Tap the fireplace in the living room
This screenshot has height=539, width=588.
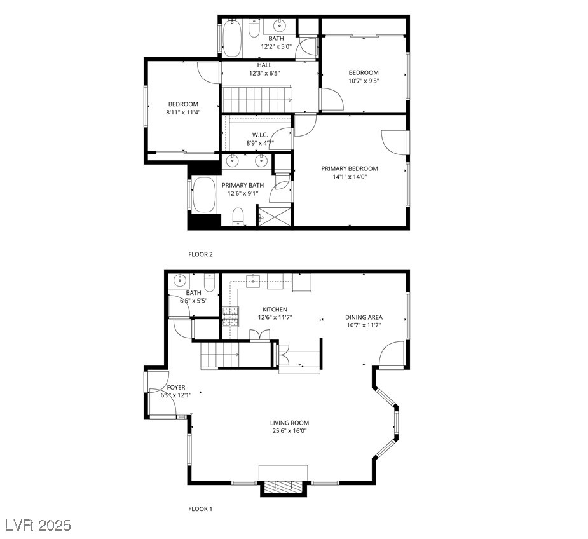coord(283,487)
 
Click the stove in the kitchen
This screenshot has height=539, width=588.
coord(229,316)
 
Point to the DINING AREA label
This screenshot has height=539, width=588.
coord(364,317)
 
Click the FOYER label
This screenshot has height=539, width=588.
coord(176,387)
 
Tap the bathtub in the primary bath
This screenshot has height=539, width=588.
coord(204,194)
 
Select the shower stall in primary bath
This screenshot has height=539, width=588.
coord(275,215)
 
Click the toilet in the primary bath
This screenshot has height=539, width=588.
coord(238,216)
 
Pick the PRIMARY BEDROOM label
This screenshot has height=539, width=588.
coord(349,168)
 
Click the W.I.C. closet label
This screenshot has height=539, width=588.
coord(260,135)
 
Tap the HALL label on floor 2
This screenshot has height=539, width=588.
coord(264,65)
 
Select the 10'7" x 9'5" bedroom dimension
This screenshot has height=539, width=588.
coord(364,81)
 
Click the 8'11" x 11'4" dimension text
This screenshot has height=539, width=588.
coord(183,113)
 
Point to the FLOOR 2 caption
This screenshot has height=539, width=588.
coord(200,254)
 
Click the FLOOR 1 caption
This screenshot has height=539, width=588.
coord(200,508)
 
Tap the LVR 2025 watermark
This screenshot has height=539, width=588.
coord(38,526)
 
